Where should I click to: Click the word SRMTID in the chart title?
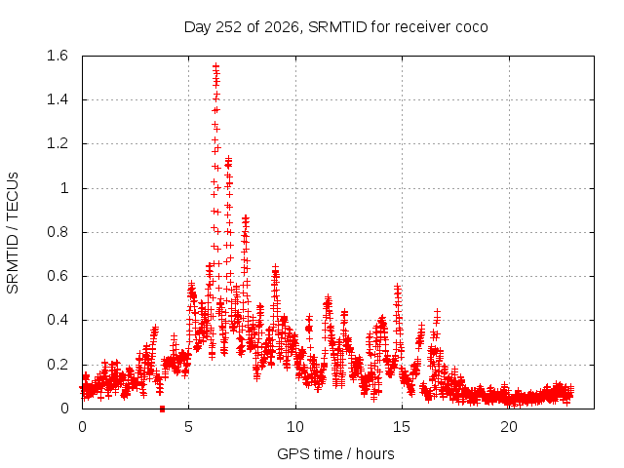337,27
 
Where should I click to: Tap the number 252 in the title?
229,27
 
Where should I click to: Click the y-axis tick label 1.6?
58,56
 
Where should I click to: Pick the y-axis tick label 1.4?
58,99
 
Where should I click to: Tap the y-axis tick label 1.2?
58,143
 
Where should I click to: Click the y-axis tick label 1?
64,188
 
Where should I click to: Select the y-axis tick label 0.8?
58,232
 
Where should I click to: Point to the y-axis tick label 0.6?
58,276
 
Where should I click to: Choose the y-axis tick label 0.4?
58,320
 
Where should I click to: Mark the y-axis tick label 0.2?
58,365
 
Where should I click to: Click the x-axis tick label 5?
188,427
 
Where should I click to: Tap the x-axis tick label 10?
295,427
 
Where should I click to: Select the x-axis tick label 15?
402,427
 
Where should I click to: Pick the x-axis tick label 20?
509,427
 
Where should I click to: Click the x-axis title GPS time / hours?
335,453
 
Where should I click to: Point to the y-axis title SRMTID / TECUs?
13,233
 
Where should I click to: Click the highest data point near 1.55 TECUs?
216,66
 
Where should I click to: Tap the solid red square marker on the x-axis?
162,409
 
